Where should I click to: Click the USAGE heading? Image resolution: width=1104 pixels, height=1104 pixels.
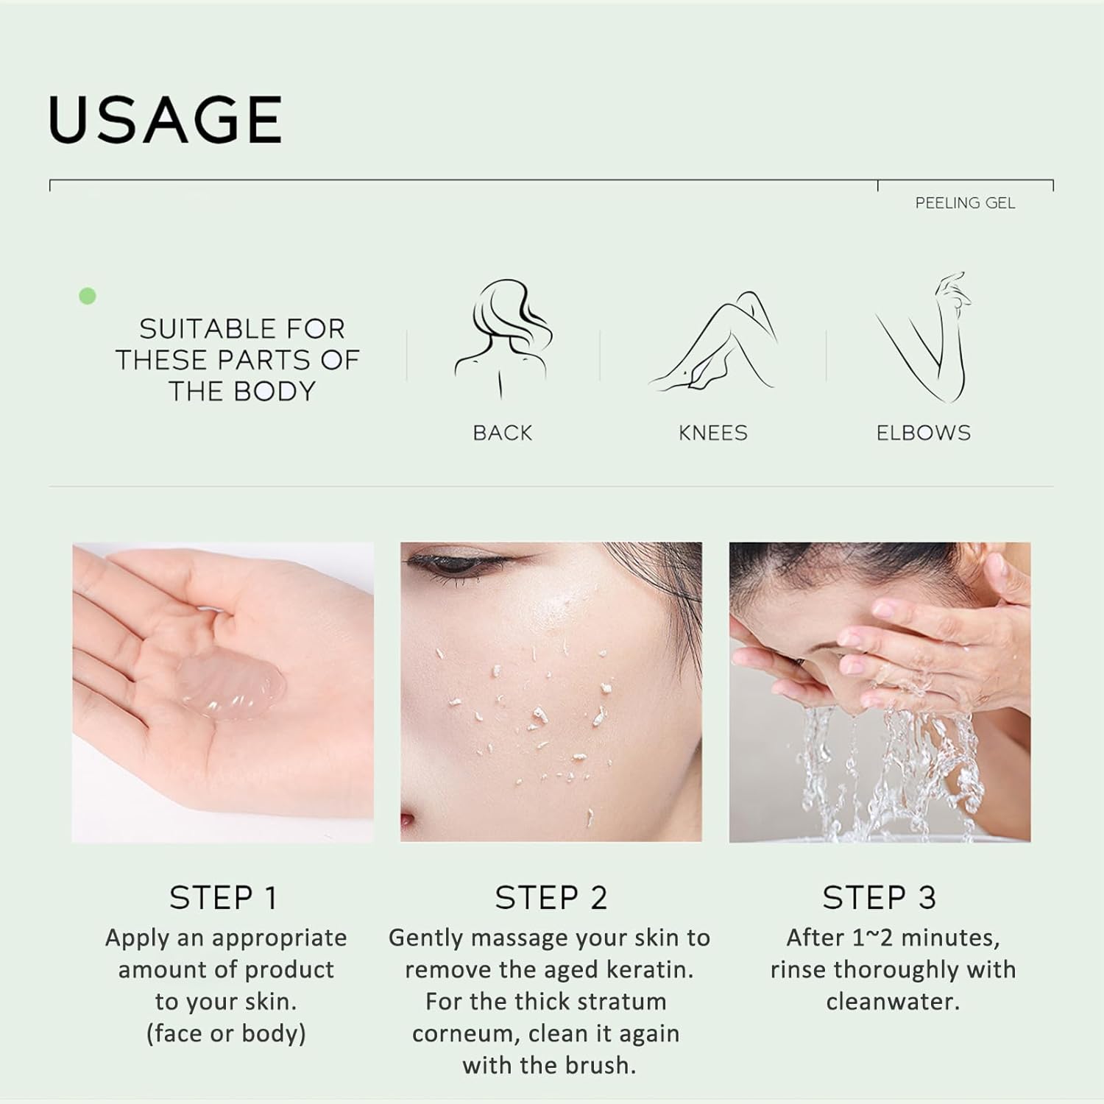pos(165,119)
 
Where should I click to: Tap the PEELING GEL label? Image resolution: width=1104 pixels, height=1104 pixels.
pos(965,203)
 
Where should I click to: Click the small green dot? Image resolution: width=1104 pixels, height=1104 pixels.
pos(88,296)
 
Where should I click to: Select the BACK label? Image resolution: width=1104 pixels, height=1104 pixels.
pos(502,433)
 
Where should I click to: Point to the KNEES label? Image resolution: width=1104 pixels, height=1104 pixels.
pos(712,433)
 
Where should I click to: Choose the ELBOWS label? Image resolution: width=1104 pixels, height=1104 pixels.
pos(923,433)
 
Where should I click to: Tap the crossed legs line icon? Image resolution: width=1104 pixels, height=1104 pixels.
pos(712,342)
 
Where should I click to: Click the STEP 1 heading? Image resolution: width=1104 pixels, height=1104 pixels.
pos(224,898)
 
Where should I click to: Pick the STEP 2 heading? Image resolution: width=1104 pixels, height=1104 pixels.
pos(551,898)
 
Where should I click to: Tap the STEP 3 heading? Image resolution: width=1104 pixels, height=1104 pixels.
pos(879,898)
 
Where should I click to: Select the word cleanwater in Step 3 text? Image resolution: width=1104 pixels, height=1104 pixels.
pos(893,1002)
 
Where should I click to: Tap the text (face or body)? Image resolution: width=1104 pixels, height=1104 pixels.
pos(226,1033)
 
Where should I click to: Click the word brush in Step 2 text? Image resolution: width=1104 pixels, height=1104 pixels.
pos(598,1065)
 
